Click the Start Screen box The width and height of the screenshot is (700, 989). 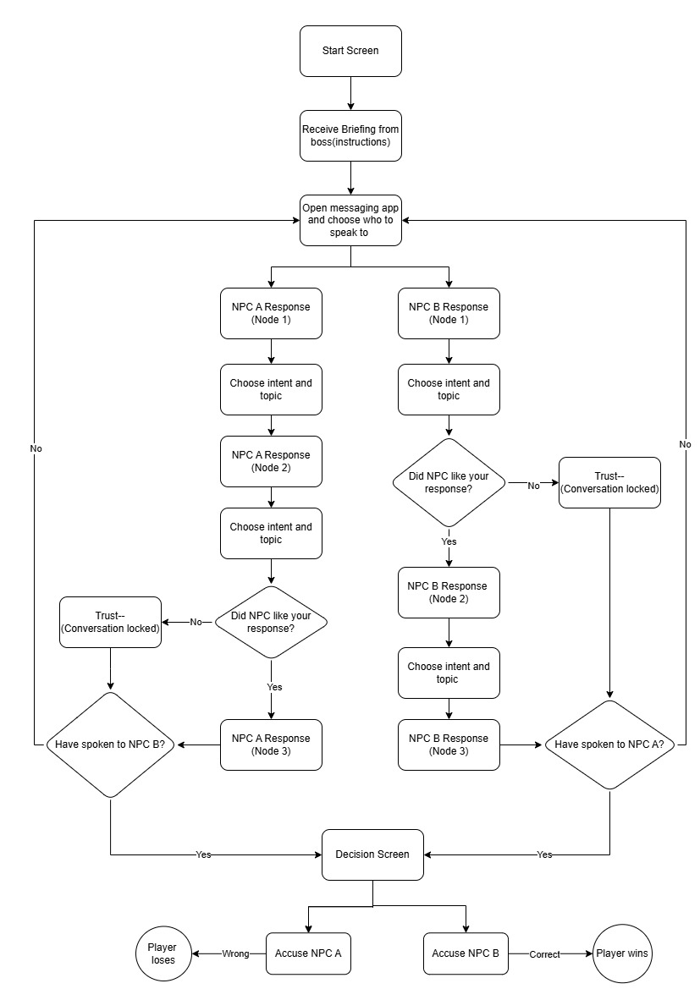[x=350, y=51]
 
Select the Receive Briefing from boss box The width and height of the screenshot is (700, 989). [x=350, y=136]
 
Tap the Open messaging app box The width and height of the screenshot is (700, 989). [x=350, y=220]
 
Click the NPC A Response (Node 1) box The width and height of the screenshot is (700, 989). [x=271, y=313]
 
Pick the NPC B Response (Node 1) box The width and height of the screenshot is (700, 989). [x=449, y=313]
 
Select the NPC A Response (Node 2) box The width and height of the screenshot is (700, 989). [x=271, y=461]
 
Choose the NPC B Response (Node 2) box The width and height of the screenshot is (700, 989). [x=449, y=592]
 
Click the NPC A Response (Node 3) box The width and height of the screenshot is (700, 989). [x=271, y=744]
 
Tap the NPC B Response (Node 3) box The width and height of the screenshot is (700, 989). [x=449, y=744]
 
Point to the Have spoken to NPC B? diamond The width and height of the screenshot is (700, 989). [x=110, y=744]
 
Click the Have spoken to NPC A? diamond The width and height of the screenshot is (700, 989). [x=609, y=744]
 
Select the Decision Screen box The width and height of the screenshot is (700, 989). [x=372, y=854]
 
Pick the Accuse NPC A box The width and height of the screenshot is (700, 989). [x=308, y=953]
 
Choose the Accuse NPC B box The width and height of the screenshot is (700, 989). [x=466, y=953]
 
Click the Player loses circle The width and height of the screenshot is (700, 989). [x=163, y=953]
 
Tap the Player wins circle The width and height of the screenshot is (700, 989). [x=624, y=953]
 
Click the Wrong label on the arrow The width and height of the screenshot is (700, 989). [x=235, y=953]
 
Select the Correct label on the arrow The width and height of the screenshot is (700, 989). [x=545, y=953]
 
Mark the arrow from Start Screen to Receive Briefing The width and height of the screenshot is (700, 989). [x=350, y=93]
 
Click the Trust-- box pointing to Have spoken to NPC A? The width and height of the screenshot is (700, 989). [x=609, y=482]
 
